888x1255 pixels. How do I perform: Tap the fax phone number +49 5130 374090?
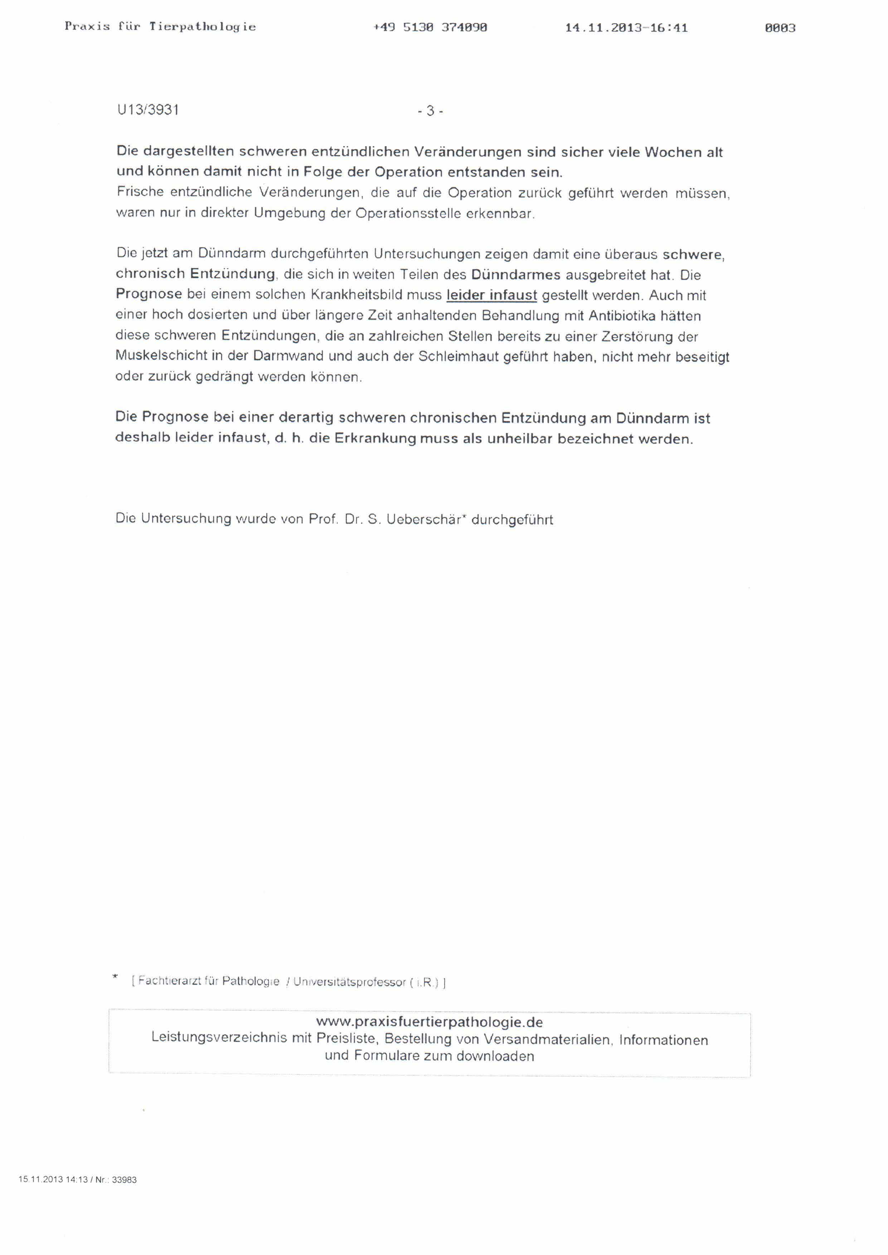click(430, 27)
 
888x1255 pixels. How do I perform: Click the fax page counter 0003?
click(780, 28)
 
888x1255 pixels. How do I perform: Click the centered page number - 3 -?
click(430, 111)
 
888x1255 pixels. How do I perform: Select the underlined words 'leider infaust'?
click(491, 295)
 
